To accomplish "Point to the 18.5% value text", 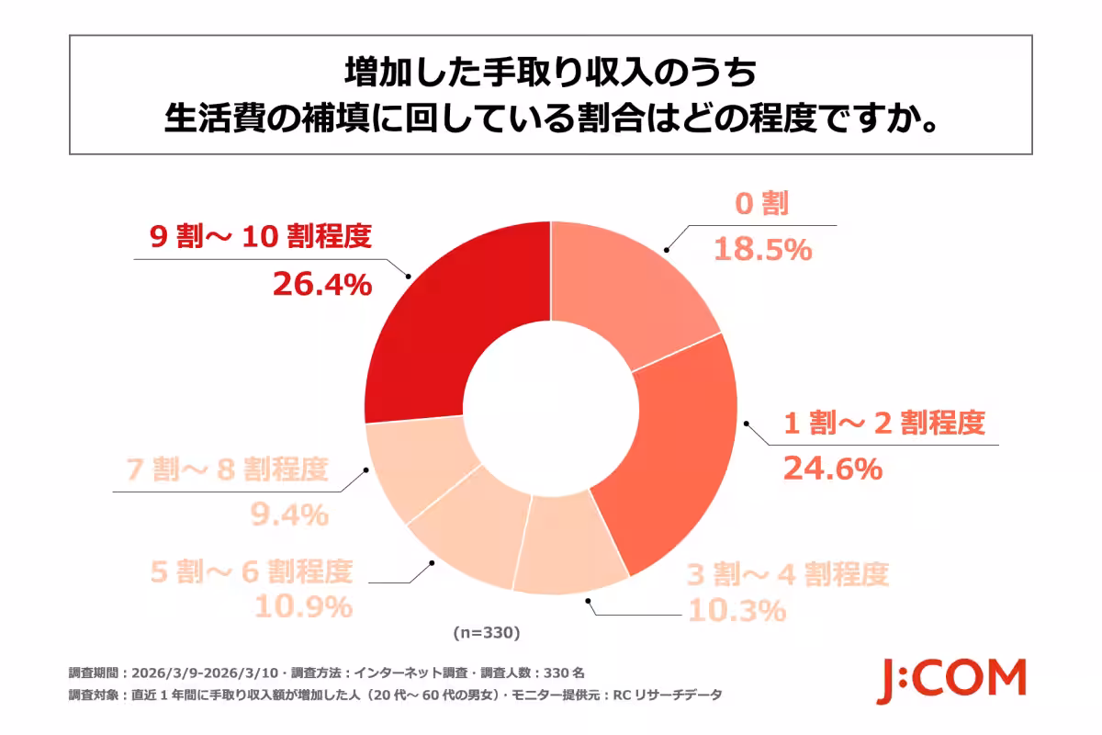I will point(763,248).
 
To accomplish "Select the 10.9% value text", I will point(303,606).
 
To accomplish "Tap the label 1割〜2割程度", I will point(883,424).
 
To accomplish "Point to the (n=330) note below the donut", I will point(487,633).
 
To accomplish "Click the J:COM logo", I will point(950,680).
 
